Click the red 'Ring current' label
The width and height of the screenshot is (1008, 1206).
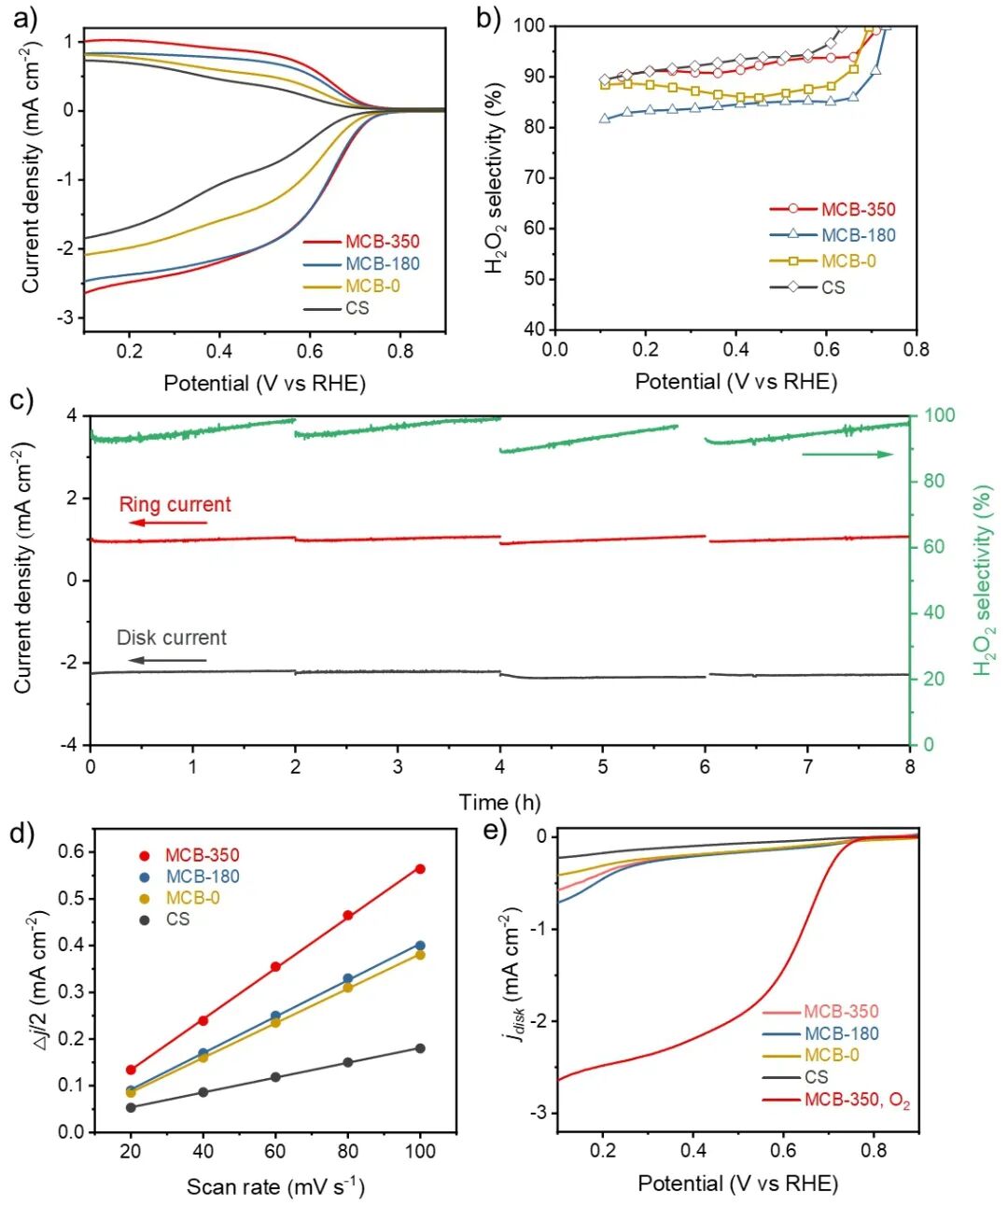click(x=175, y=505)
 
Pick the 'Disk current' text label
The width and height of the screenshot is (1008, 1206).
click(x=171, y=638)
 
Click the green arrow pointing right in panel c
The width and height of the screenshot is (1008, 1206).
click(x=847, y=455)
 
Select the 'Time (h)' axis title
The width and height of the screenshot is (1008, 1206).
click(x=499, y=802)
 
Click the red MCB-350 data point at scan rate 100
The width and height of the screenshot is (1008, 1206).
click(x=420, y=869)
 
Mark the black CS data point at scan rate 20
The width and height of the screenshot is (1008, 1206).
click(x=131, y=1107)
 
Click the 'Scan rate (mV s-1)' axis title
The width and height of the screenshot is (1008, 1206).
click(x=275, y=1186)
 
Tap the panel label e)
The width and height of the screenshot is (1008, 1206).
click(x=492, y=830)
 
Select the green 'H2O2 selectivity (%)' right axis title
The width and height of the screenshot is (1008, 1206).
click(x=985, y=579)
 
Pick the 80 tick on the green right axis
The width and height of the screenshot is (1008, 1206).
click(x=933, y=482)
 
